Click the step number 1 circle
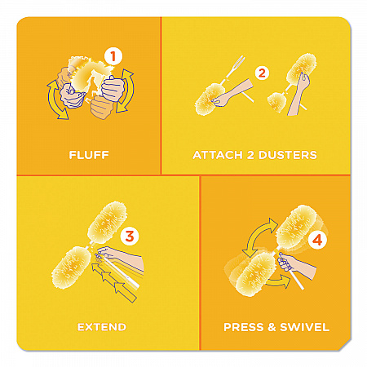point(113,56)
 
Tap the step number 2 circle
point(262,73)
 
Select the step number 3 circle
point(130,236)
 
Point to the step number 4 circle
point(317,241)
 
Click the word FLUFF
point(89,155)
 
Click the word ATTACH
point(218,155)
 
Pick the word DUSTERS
point(288,155)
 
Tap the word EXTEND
point(102,327)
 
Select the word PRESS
point(244,327)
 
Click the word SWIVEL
point(305,327)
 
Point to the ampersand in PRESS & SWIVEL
point(272,327)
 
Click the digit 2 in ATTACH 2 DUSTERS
point(250,155)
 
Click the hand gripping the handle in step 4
point(285,262)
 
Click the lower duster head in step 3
point(71,268)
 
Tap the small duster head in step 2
point(276,102)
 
